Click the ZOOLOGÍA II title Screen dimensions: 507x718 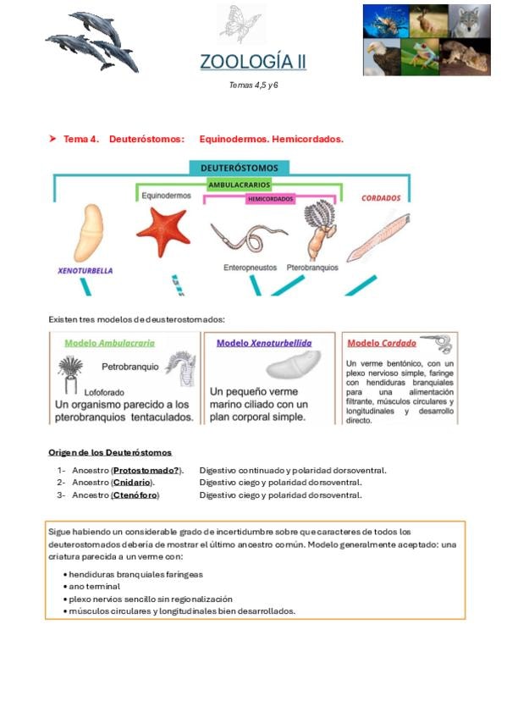[x=253, y=62]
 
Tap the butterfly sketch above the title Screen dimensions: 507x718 [x=240, y=23]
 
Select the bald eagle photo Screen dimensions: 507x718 [x=382, y=57]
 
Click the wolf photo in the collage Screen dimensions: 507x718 [x=470, y=21]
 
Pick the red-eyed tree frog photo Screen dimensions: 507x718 [x=420, y=57]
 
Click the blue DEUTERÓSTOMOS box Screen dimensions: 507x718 [x=240, y=168]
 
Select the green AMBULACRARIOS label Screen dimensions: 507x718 [x=239, y=185]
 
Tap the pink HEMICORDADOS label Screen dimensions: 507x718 [x=270, y=199]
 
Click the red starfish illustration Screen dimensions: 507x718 [x=163, y=231]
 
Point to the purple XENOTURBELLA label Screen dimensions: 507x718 [x=85, y=271]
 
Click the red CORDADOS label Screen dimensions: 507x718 [x=381, y=198]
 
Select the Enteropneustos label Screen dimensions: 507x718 [x=250, y=268]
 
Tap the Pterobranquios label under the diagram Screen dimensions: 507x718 [x=312, y=268]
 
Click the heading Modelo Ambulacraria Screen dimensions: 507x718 [x=110, y=343]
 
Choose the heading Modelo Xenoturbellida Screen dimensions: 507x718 [x=264, y=343]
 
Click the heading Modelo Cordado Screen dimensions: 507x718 [x=382, y=343]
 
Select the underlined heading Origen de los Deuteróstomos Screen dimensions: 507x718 [x=110, y=452]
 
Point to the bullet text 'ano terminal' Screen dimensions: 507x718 [x=94, y=587]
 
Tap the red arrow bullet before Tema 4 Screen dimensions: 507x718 [x=52, y=138]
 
